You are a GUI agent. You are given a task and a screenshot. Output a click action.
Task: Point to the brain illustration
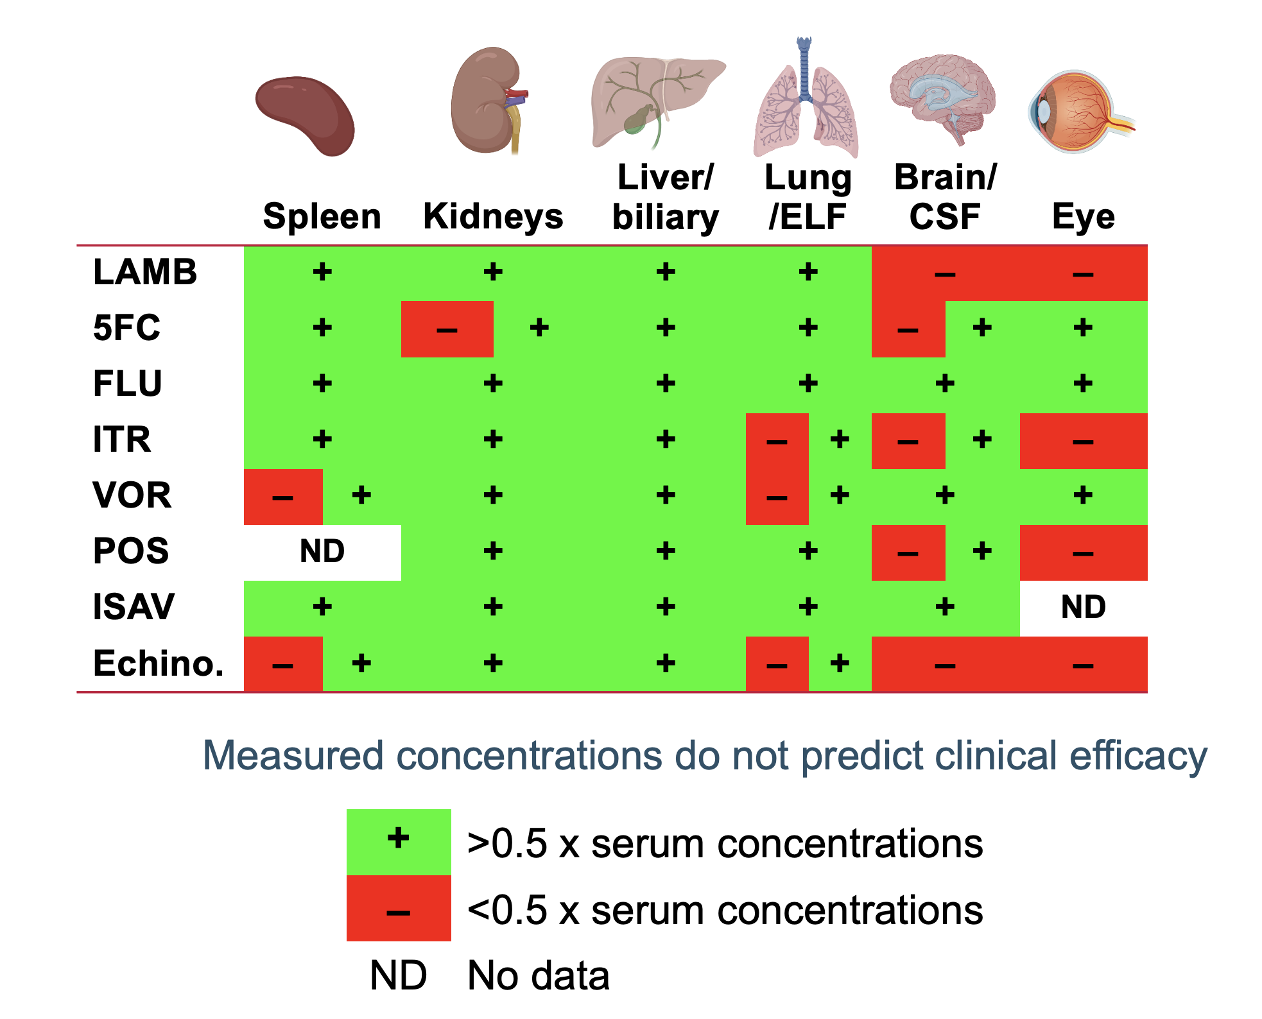pos(942,96)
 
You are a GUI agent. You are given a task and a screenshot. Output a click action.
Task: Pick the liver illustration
pos(655,99)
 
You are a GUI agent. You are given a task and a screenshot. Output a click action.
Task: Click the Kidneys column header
pos(493,216)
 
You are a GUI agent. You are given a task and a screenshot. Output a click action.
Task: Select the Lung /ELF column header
pos(808,197)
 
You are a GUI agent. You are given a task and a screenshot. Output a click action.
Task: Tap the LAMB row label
pos(145,272)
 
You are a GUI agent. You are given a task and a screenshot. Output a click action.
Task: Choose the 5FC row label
pos(126,328)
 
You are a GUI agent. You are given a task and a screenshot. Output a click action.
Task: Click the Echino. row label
pos(159,664)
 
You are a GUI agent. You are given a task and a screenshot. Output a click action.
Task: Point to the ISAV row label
pos(134,607)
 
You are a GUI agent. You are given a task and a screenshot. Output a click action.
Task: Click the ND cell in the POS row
pos(322,552)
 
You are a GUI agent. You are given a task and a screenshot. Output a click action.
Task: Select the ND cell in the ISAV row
pos(1083,607)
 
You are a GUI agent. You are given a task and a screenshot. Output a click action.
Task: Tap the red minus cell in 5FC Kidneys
pos(447,329)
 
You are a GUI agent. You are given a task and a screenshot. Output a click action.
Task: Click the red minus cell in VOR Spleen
pos(283,497)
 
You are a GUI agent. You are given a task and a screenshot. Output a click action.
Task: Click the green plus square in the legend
pos(399,841)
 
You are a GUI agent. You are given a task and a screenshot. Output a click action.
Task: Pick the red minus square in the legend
pos(399,909)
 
